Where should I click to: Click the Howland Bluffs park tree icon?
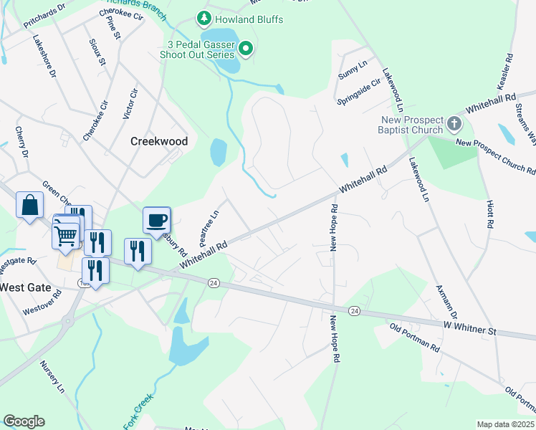(x=204, y=18)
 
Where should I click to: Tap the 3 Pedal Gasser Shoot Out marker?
(x=246, y=49)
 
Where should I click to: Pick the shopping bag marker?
(x=29, y=205)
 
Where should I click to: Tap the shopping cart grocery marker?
(x=66, y=234)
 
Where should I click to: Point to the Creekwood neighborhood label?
(x=159, y=141)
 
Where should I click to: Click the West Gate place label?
(x=24, y=287)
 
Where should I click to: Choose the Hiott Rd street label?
(x=489, y=214)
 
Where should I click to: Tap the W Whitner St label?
(x=470, y=330)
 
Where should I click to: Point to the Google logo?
(x=24, y=421)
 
